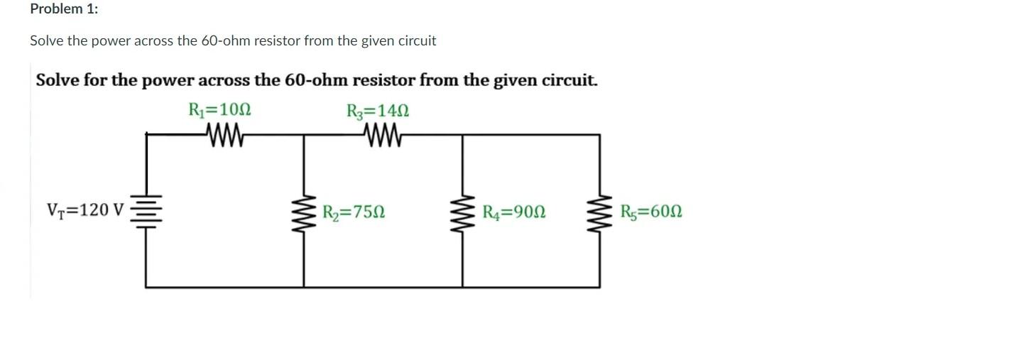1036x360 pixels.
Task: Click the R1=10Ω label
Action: point(219,111)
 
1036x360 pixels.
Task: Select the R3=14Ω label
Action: point(378,111)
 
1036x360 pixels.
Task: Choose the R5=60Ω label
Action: point(651,212)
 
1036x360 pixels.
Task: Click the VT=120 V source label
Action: point(85,210)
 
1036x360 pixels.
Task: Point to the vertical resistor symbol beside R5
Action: point(599,211)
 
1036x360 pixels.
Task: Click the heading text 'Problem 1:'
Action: point(64,9)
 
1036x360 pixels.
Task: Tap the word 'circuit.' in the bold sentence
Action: point(569,80)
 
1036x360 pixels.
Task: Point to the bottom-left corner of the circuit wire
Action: point(146,287)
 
